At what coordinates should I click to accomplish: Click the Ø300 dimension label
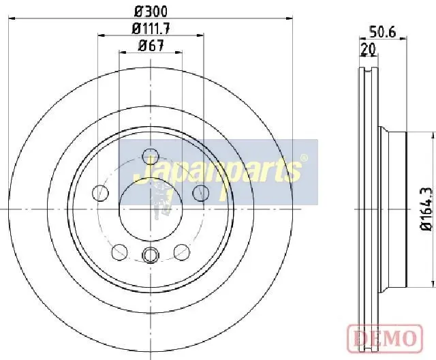[151, 12]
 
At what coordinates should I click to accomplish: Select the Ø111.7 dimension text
[151, 29]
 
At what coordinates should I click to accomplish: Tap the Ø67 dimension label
[151, 46]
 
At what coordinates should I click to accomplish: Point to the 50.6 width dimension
[382, 32]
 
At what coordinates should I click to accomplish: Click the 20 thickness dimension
[368, 49]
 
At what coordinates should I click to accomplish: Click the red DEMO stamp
[385, 337]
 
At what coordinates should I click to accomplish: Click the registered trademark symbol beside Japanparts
[305, 158]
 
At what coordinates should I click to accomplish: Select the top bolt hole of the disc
[150, 156]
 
